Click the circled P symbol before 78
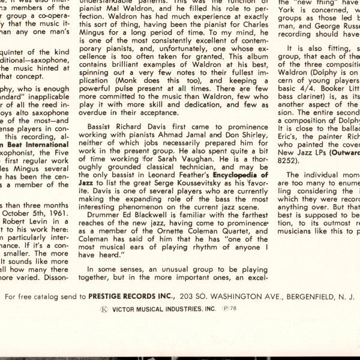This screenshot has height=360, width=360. [x=225, y=308]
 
